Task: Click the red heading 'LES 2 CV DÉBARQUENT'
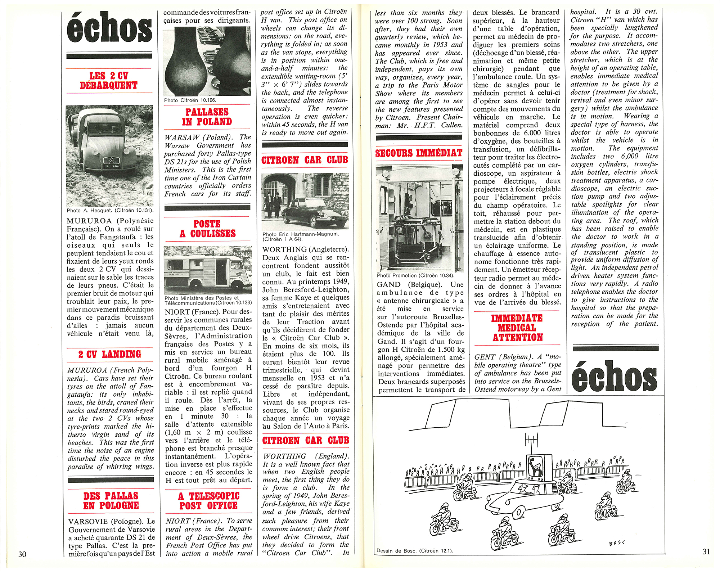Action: click(x=109, y=81)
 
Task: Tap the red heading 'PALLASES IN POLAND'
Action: click(x=207, y=117)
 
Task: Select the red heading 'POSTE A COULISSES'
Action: click(x=207, y=229)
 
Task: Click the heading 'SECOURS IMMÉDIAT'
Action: click(x=419, y=153)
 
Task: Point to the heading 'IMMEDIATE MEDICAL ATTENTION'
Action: click(x=517, y=328)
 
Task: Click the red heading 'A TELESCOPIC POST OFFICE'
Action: click(x=208, y=501)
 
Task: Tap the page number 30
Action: click(x=22, y=554)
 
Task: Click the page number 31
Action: click(x=706, y=551)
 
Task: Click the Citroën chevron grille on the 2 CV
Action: click(x=110, y=160)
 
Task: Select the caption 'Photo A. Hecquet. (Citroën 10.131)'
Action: click(x=110, y=210)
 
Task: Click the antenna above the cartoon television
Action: click(x=531, y=441)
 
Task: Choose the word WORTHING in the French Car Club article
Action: click(x=284, y=249)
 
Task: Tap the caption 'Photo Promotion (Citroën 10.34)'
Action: click(x=415, y=275)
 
